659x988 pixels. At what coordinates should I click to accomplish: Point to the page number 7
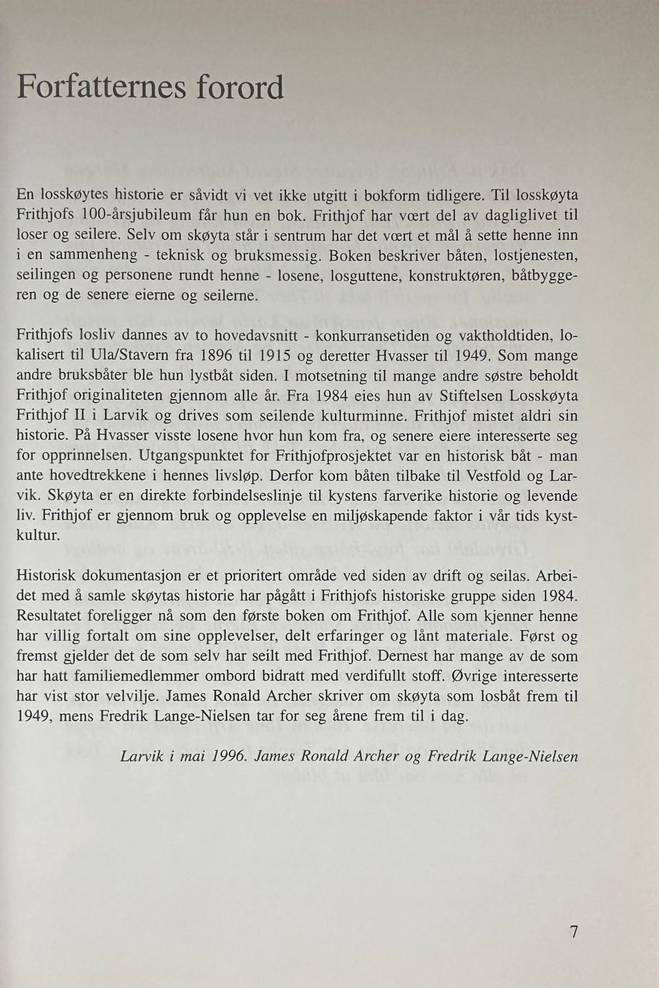pos(574,932)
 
